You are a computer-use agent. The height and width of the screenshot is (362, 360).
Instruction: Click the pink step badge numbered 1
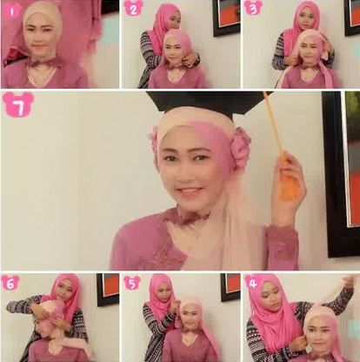pyautogui.click(x=11, y=10)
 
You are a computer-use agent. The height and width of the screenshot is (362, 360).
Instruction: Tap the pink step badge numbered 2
pyautogui.click(x=133, y=9)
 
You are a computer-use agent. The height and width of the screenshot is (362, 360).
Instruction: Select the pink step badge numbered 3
pyautogui.click(x=253, y=8)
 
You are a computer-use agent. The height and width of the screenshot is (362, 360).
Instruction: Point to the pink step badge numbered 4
pyautogui.click(x=253, y=283)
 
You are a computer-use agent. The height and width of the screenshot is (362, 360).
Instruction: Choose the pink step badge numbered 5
pyautogui.click(x=132, y=284)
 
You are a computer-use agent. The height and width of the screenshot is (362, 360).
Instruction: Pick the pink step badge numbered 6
pyautogui.click(x=10, y=284)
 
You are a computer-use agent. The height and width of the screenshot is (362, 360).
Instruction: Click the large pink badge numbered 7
pyautogui.click(x=18, y=107)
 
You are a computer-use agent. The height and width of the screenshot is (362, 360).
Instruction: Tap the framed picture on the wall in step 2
pyautogui.click(x=226, y=17)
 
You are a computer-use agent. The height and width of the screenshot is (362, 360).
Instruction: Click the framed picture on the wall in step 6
pyautogui.click(x=108, y=289)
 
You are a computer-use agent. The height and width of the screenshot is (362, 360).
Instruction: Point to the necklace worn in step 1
pyautogui.click(x=41, y=75)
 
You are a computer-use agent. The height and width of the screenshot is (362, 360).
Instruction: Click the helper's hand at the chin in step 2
pyautogui.click(x=190, y=60)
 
